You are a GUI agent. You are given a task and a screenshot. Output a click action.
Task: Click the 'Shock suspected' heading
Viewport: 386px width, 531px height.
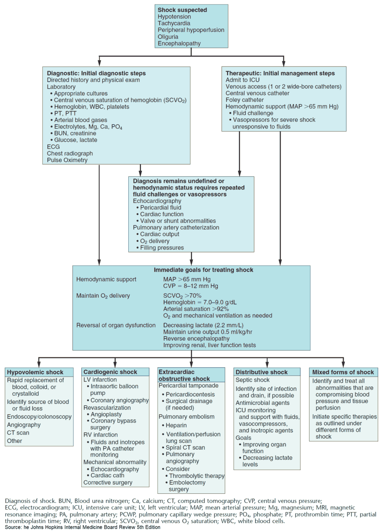click(x=182, y=10)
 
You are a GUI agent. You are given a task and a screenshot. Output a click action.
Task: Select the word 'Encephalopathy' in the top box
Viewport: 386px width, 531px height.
click(x=179, y=43)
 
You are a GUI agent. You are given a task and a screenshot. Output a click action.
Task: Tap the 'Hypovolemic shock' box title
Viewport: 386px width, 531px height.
click(x=35, y=372)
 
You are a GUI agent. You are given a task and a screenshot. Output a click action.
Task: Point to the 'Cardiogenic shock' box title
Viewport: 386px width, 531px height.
click(x=110, y=372)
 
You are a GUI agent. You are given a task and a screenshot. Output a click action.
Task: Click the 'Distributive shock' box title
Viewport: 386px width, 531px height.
click(x=261, y=372)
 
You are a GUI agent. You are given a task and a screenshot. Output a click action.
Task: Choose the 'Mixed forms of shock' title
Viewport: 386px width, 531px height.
click(x=343, y=372)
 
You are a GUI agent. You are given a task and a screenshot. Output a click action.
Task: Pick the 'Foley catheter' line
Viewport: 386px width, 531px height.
click(x=245, y=100)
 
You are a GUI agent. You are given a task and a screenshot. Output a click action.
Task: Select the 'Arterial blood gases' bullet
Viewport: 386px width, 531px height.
click(x=80, y=120)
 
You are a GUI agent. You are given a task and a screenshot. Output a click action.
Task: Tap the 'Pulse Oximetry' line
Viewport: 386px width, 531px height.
click(x=67, y=160)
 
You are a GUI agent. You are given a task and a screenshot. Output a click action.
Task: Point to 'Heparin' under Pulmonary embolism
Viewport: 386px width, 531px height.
click(x=176, y=425)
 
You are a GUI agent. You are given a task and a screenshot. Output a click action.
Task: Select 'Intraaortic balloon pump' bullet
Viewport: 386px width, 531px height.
click(x=114, y=390)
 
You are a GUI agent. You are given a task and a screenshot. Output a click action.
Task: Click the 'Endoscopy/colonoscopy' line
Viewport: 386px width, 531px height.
click(x=39, y=417)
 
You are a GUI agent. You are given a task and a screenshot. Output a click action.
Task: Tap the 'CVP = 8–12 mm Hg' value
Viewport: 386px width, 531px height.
click(x=190, y=286)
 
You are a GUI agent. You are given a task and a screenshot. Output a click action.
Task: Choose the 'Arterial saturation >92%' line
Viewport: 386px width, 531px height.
click(x=196, y=309)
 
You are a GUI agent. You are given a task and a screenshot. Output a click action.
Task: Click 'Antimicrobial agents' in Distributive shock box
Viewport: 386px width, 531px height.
click(x=263, y=403)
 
